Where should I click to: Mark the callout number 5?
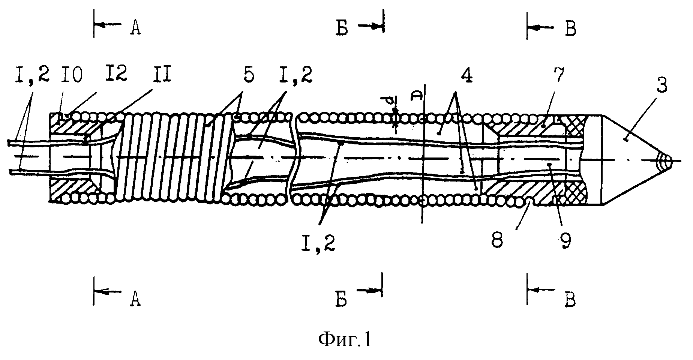249,76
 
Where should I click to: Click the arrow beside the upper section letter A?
108,24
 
